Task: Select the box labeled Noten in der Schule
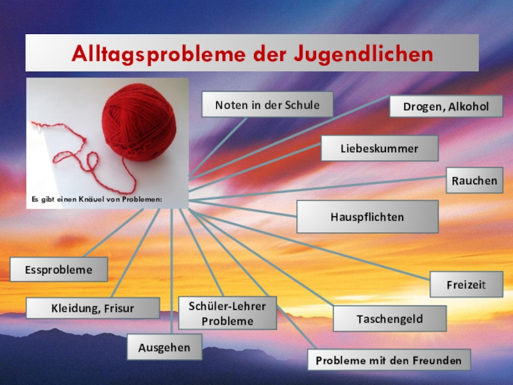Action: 267,104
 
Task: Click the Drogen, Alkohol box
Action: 446,106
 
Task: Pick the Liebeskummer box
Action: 379,148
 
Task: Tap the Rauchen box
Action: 474,181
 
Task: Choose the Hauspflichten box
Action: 367,217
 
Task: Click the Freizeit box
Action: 466,284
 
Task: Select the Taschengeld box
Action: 381,318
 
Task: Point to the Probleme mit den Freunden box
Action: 389,360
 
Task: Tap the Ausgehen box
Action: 164,347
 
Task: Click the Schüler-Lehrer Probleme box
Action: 228,312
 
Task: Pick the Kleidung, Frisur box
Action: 92,308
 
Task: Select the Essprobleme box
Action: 58,269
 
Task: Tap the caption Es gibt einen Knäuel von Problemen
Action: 97,200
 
